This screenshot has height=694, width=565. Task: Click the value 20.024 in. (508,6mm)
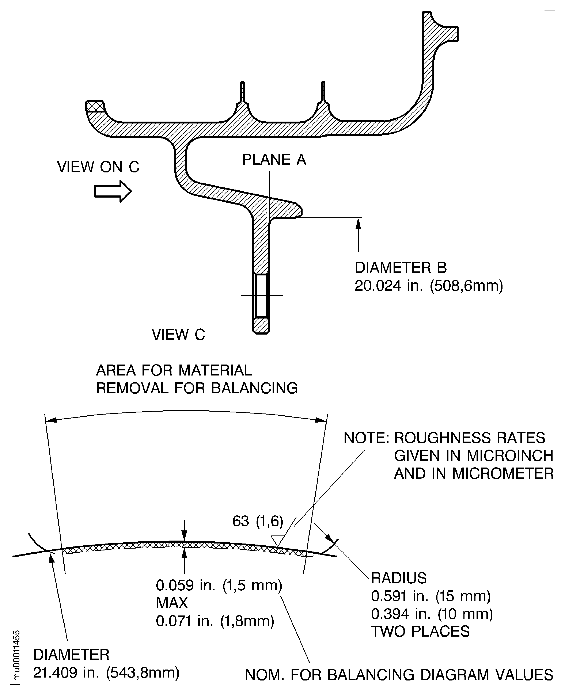click(x=428, y=286)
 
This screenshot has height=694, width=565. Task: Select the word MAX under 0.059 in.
click(x=171, y=603)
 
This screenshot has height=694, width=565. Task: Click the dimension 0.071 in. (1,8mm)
click(x=215, y=621)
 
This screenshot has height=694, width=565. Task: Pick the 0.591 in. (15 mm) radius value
click(x=431, y=596)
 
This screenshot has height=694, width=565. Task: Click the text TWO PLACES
click(x=420, y=631)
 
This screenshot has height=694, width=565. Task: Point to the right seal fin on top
click(x=323, y=92)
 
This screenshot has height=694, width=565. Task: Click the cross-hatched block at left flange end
click(x=95, y=106)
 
